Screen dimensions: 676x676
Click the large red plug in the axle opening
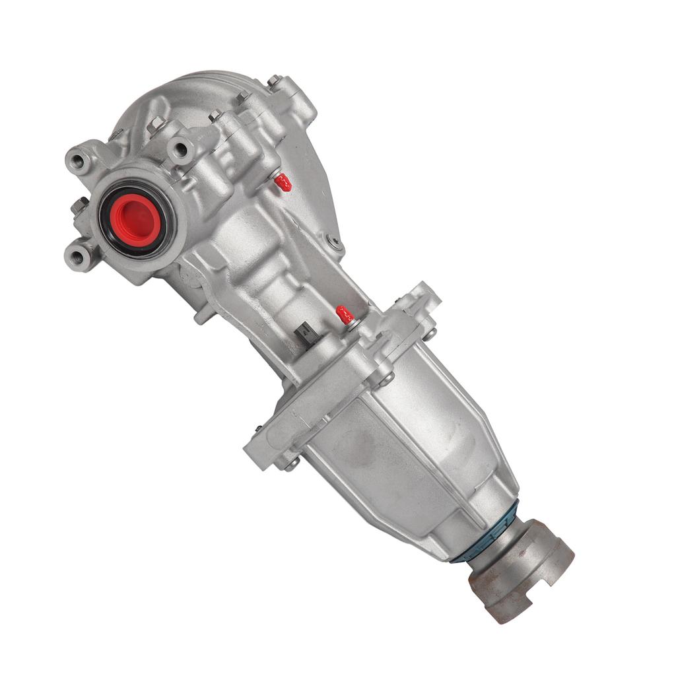click(x=138, y=220)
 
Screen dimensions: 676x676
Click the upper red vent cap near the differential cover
click(x=283, y=182)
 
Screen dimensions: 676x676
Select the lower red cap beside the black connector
click(x=345, y=314)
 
